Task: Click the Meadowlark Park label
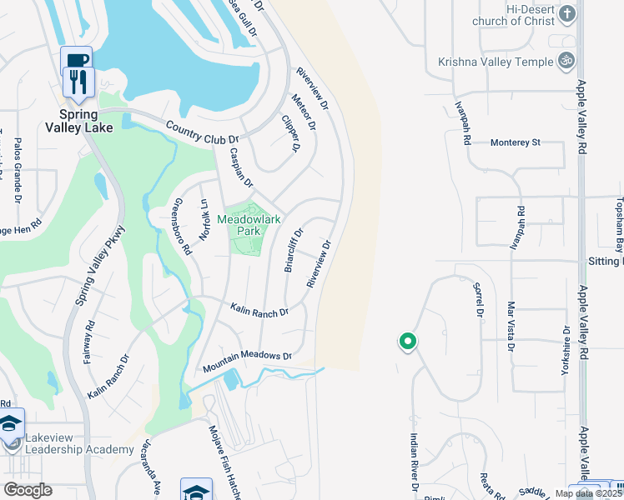click(249, 224)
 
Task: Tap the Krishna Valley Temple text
click(496, 62)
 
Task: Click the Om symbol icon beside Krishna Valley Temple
click(566, 61)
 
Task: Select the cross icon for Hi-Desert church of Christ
click(566, 13)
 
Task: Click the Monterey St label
click(515, 142)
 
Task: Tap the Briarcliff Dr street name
click(294, 251)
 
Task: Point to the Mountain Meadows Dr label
click(247, 361)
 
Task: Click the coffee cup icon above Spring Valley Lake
click(76, 60)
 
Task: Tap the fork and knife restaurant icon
click(76, 81)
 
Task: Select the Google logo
click(28, 490)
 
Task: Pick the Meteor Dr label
click(304, 112)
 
